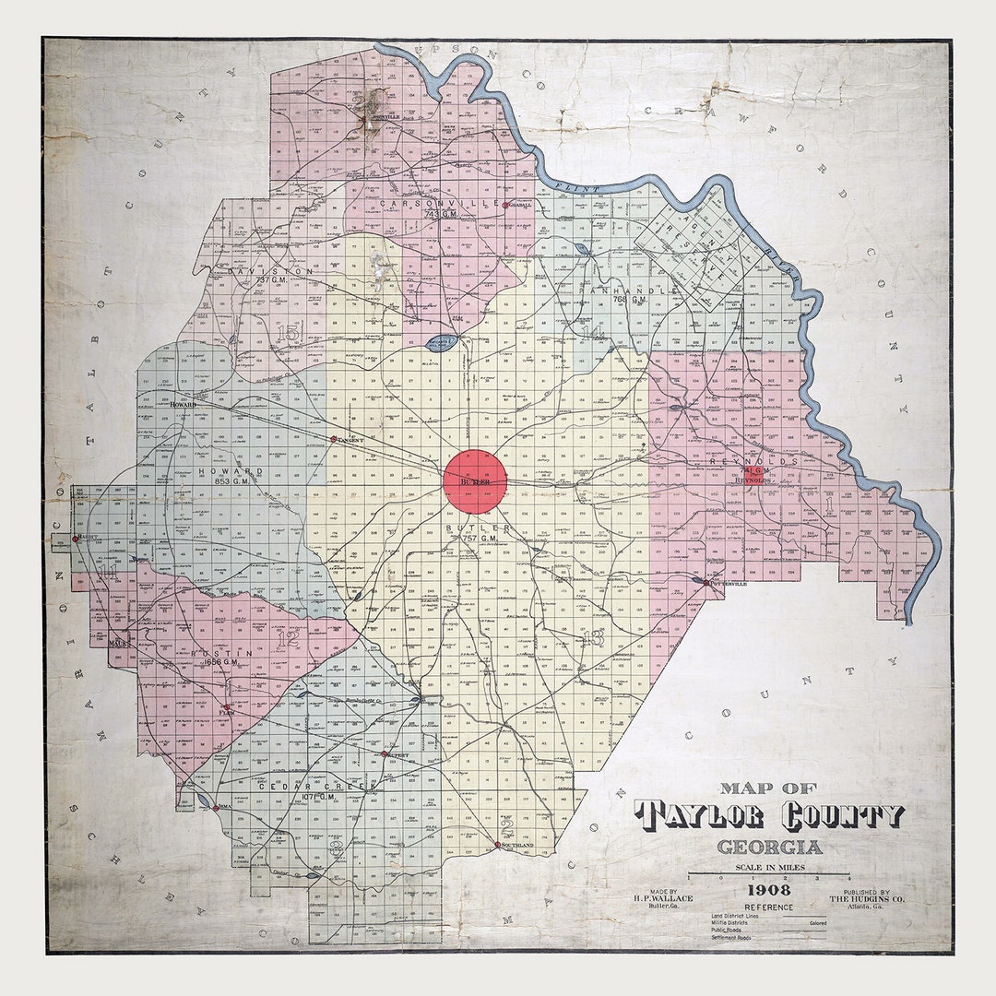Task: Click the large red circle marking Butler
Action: pos(475,480)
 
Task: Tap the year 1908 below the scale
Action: pos(767,890)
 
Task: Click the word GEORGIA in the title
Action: pos(769,848)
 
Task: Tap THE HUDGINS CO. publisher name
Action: pos(859,898)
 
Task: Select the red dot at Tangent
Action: pos(334,439)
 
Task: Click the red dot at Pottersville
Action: pos(706,583)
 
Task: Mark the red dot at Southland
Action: pos(497,844)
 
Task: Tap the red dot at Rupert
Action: pos(384,754)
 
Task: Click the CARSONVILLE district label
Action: pos(433,203)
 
